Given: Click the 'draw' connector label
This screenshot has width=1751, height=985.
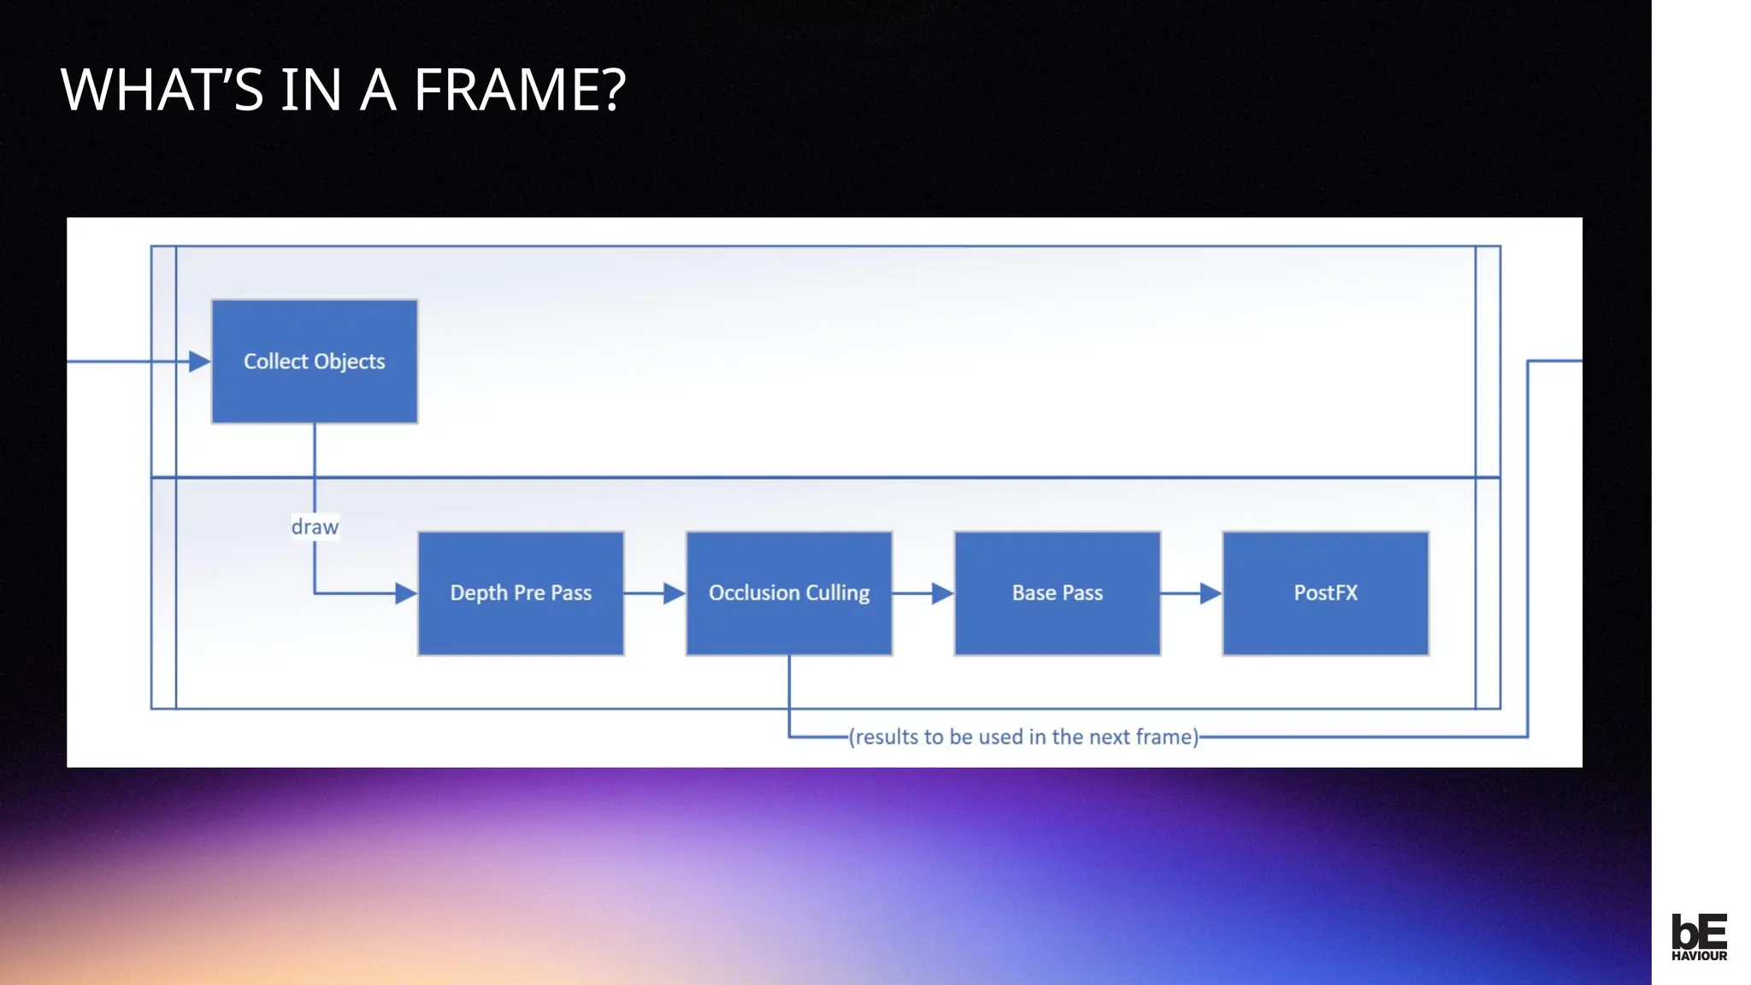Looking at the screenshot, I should tap(315, 527).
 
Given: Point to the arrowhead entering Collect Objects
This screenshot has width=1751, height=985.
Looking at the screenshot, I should tap(200, 362).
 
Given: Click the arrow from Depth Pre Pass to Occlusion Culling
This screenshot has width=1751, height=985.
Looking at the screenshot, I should tap(655, 593).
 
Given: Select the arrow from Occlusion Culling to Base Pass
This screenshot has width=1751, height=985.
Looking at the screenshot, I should tap(923, 593).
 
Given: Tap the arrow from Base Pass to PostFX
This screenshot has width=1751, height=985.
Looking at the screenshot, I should tap(1192, 593).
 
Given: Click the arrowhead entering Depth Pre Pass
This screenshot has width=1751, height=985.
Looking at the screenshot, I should tap(406, 593).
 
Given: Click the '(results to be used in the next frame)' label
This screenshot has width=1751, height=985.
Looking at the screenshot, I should tap(1023, 737).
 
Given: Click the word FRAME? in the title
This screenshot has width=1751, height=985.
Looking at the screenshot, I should tap(520, 90).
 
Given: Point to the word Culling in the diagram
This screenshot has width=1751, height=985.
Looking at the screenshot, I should tap(837, 593).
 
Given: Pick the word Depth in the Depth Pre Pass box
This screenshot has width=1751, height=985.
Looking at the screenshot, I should tap(479, 593).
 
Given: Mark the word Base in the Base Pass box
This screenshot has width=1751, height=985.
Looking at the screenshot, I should tap(1034, 593).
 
